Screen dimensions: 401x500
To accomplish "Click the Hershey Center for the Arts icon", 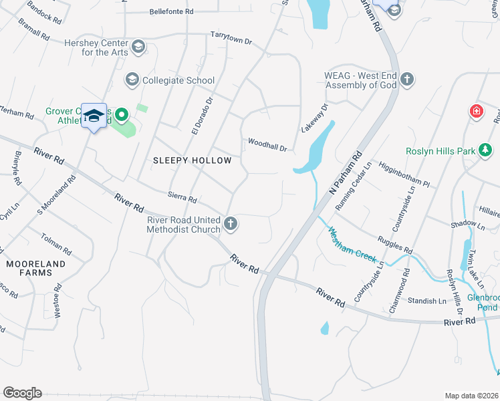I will click(x=138, y=46).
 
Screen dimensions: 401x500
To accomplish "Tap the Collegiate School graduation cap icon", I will click(x=132, y=80).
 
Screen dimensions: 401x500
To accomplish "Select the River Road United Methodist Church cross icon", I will click(x=231, y=223).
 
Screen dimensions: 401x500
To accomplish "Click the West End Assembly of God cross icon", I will click(x=407, y=80).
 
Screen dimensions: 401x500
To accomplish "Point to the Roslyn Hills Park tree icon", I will click(x=484, y=151).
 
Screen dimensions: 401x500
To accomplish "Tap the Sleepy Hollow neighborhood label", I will click(x=192, y=160).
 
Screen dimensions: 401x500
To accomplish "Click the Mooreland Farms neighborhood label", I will click(x=36, y=269).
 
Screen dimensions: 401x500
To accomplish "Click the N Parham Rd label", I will click(x=346, y=173).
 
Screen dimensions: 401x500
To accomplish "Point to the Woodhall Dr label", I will click(x=267, y=143).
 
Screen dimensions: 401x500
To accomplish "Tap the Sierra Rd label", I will click(x=182, y=198).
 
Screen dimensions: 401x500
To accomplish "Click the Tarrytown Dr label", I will click(x=231, y=38).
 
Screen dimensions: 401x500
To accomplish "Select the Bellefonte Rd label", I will click(x=171, y=12).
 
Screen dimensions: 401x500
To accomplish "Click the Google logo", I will click(x=22, y=393).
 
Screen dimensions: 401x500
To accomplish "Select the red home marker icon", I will click(x=477, y=110).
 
